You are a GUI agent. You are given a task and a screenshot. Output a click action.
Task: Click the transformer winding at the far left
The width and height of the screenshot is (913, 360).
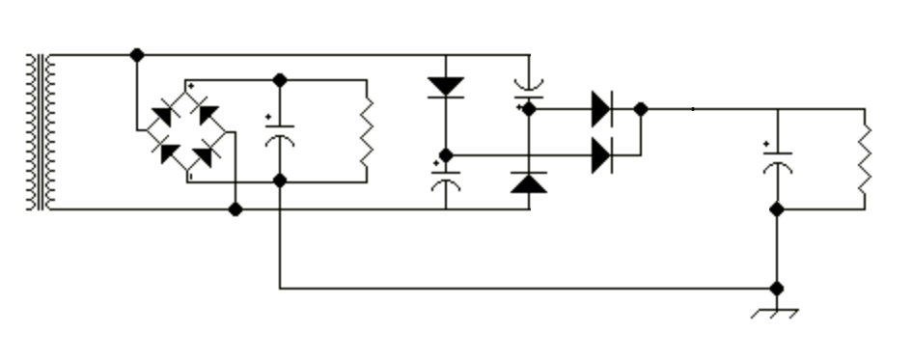tap(38, 132)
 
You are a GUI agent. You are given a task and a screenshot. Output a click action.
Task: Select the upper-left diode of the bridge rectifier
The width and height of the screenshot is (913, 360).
tap(163, 117)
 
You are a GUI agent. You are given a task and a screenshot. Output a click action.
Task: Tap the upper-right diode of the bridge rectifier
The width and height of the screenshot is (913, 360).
tap(207, 115)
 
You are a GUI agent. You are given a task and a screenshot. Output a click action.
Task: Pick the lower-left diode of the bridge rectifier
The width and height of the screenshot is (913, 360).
tap(168, 152)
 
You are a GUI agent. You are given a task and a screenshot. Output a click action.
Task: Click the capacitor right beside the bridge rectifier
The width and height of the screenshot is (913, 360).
tap(280, 132)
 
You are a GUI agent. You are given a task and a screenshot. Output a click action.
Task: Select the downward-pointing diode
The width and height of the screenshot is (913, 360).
tap(445, 86)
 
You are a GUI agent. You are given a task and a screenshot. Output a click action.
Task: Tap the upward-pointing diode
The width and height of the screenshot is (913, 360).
tap(529, 182)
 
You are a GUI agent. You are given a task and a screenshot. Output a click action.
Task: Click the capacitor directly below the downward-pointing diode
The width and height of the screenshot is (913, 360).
tap(445, 180)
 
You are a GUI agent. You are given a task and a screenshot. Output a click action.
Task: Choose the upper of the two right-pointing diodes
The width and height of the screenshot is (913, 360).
tap(601, 109)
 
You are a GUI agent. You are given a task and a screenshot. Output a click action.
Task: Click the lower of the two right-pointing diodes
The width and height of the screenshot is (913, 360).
tap(601, 154)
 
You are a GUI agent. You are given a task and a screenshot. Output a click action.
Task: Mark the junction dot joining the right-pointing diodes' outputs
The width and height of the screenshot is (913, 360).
tap(641, 109)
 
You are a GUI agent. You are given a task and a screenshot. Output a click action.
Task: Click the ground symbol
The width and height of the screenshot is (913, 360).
tap(776, 311)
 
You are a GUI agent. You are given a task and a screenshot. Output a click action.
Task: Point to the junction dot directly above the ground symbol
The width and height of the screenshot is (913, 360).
tap(777, 288)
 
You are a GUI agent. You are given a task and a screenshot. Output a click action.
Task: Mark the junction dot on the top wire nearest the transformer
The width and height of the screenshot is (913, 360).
tap(137, 55)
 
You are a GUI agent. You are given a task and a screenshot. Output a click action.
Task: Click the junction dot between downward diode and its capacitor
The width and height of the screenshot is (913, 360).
tap(445, 154)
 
